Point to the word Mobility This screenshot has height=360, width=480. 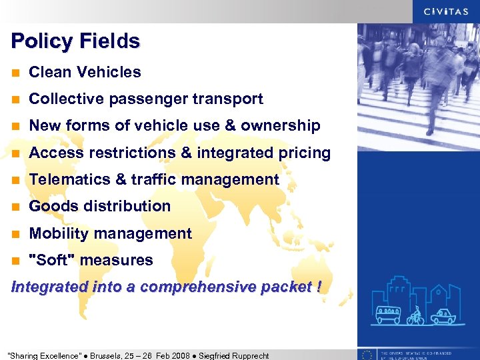coord(59,233)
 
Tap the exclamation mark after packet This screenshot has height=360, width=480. coord(319,287)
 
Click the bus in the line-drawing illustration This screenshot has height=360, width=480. coord(388,314)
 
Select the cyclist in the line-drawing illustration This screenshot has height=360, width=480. coord(416,315)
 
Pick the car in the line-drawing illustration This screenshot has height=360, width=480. coord(443,315)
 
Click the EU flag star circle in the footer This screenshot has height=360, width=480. coord(367,354)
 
